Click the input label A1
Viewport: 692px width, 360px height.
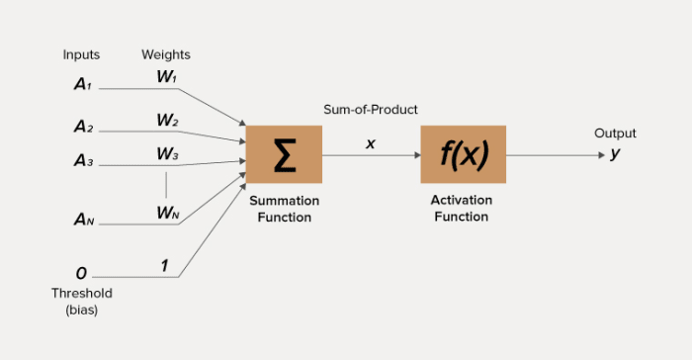tap(82, 85)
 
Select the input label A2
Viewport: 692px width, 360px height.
tap(83, 127)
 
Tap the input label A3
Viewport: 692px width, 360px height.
tap(83, 160)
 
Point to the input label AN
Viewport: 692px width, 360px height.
tap(83, 221)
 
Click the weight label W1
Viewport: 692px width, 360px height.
tap(166, 76)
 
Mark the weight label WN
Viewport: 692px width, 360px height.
tap(167, 213)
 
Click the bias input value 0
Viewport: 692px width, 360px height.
tap(81, 273)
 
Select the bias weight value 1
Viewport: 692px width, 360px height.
tap(165, 265)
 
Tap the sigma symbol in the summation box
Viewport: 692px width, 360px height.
tap(284, 155)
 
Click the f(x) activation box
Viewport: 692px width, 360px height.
tap(463, 154)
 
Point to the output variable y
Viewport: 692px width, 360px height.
tap(615, 153)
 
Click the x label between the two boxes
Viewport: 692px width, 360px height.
tap(371, 143)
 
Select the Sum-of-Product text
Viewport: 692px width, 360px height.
tap(371, 109)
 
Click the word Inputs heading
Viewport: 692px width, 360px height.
tap(81, 54)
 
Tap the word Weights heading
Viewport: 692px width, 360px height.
tap(166, 54)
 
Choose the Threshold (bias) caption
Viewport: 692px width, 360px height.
tap(81, 301)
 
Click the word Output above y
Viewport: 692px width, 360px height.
tap(615, 134)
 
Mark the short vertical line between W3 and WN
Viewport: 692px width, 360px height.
tap(166, 184)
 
